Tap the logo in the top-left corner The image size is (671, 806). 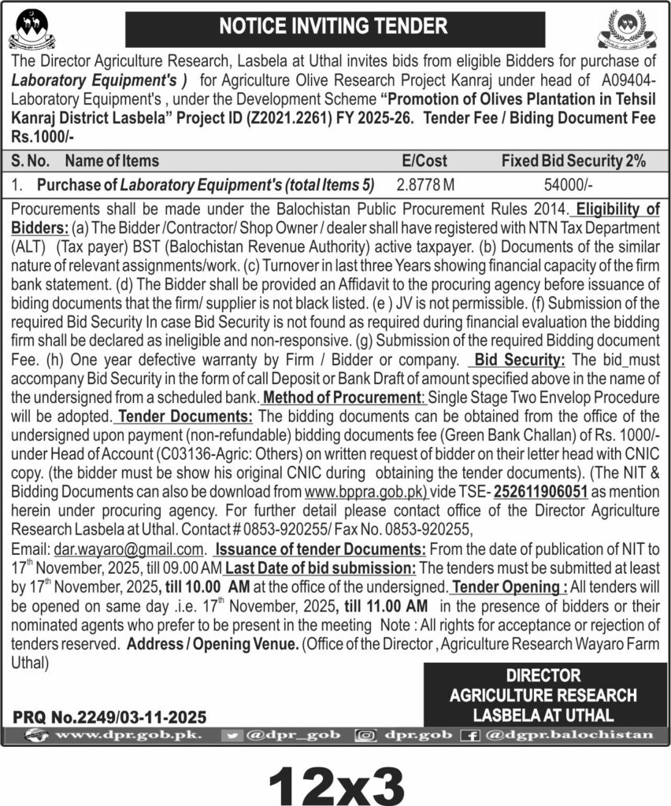pos(32,29)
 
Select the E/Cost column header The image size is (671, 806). pos(424,161)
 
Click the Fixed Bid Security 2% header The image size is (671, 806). pos(573,161)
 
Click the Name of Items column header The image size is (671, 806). pos(112,161)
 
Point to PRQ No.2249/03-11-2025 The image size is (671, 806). pos(109,717)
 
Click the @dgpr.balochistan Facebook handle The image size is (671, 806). pos(569,735)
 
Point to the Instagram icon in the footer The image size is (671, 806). pos(365,735)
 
